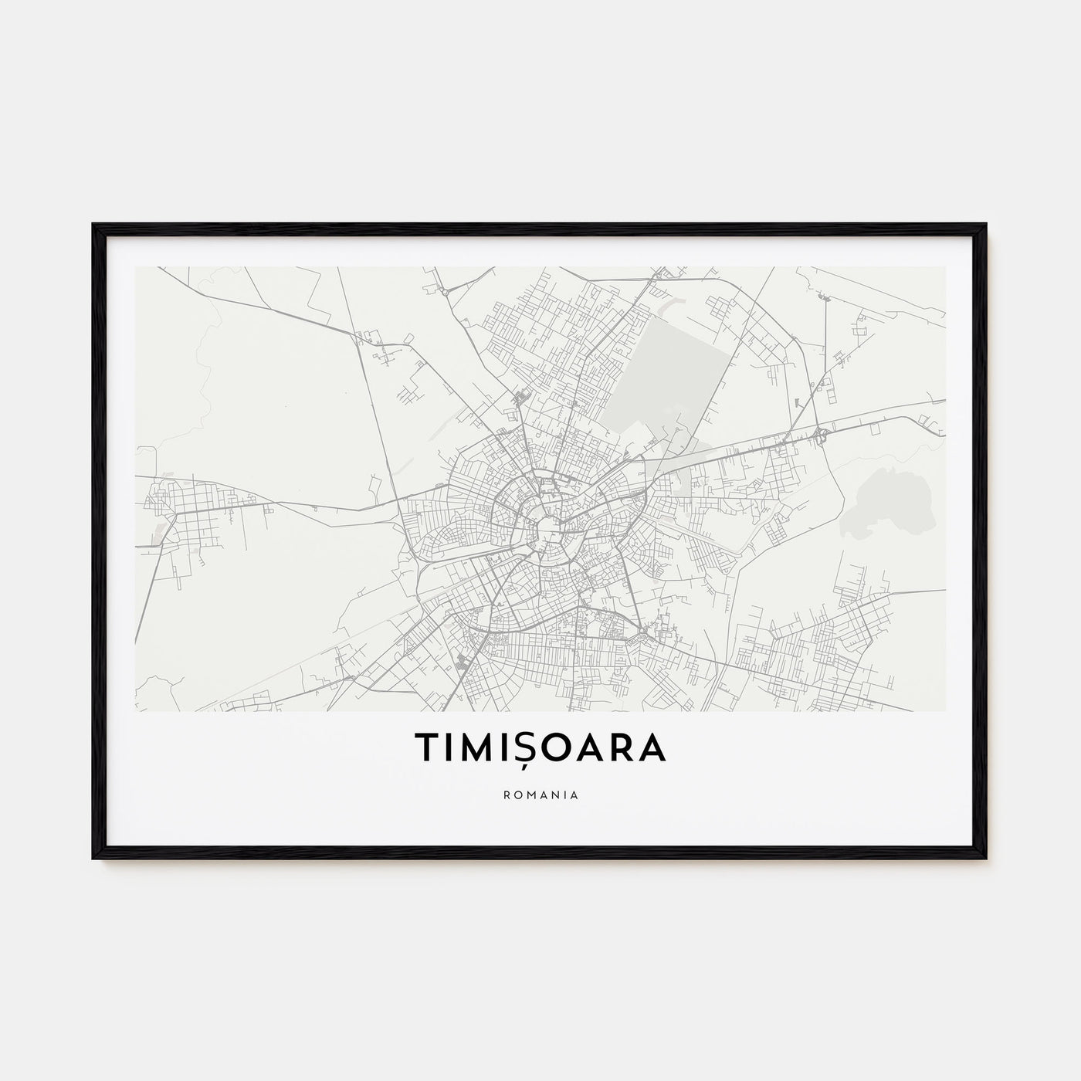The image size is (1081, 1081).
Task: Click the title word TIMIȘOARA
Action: pos(540,747)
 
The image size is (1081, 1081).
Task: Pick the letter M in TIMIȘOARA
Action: pos(480,747)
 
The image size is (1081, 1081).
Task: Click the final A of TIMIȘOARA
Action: pos(652,747)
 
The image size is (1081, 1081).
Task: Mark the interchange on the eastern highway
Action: pos(821,436)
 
